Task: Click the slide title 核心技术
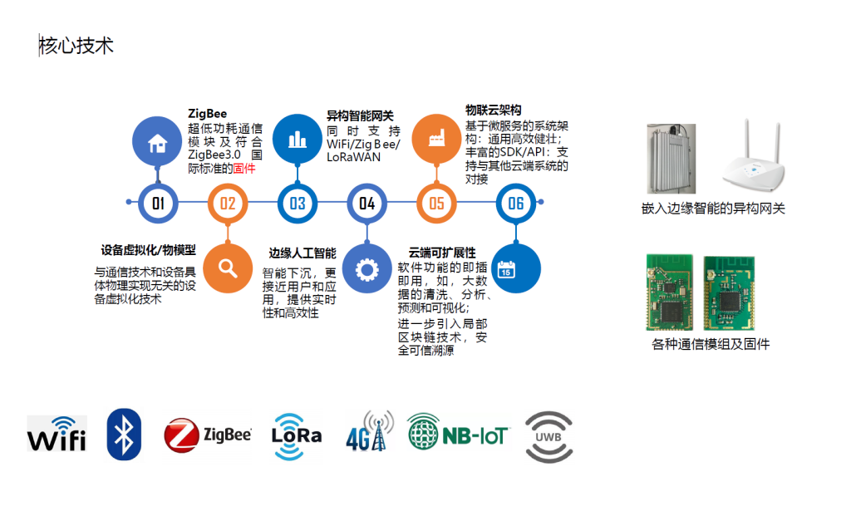pos(76,46)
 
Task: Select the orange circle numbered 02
pos(228,203)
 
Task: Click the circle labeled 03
pos(298,203)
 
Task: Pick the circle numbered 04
pos(366,203)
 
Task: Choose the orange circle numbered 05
pos(436,203)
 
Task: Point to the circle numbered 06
pos(516,203)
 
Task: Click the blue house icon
pos(157,142)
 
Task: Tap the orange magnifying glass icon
pos(228,268)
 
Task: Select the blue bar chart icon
pos(297,139)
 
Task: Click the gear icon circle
pos(366,268)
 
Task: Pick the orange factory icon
pos(436,139)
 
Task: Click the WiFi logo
pos(57,434)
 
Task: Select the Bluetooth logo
pos(124,435)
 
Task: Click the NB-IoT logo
pos(458,433)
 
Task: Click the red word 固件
pos(244,168)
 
